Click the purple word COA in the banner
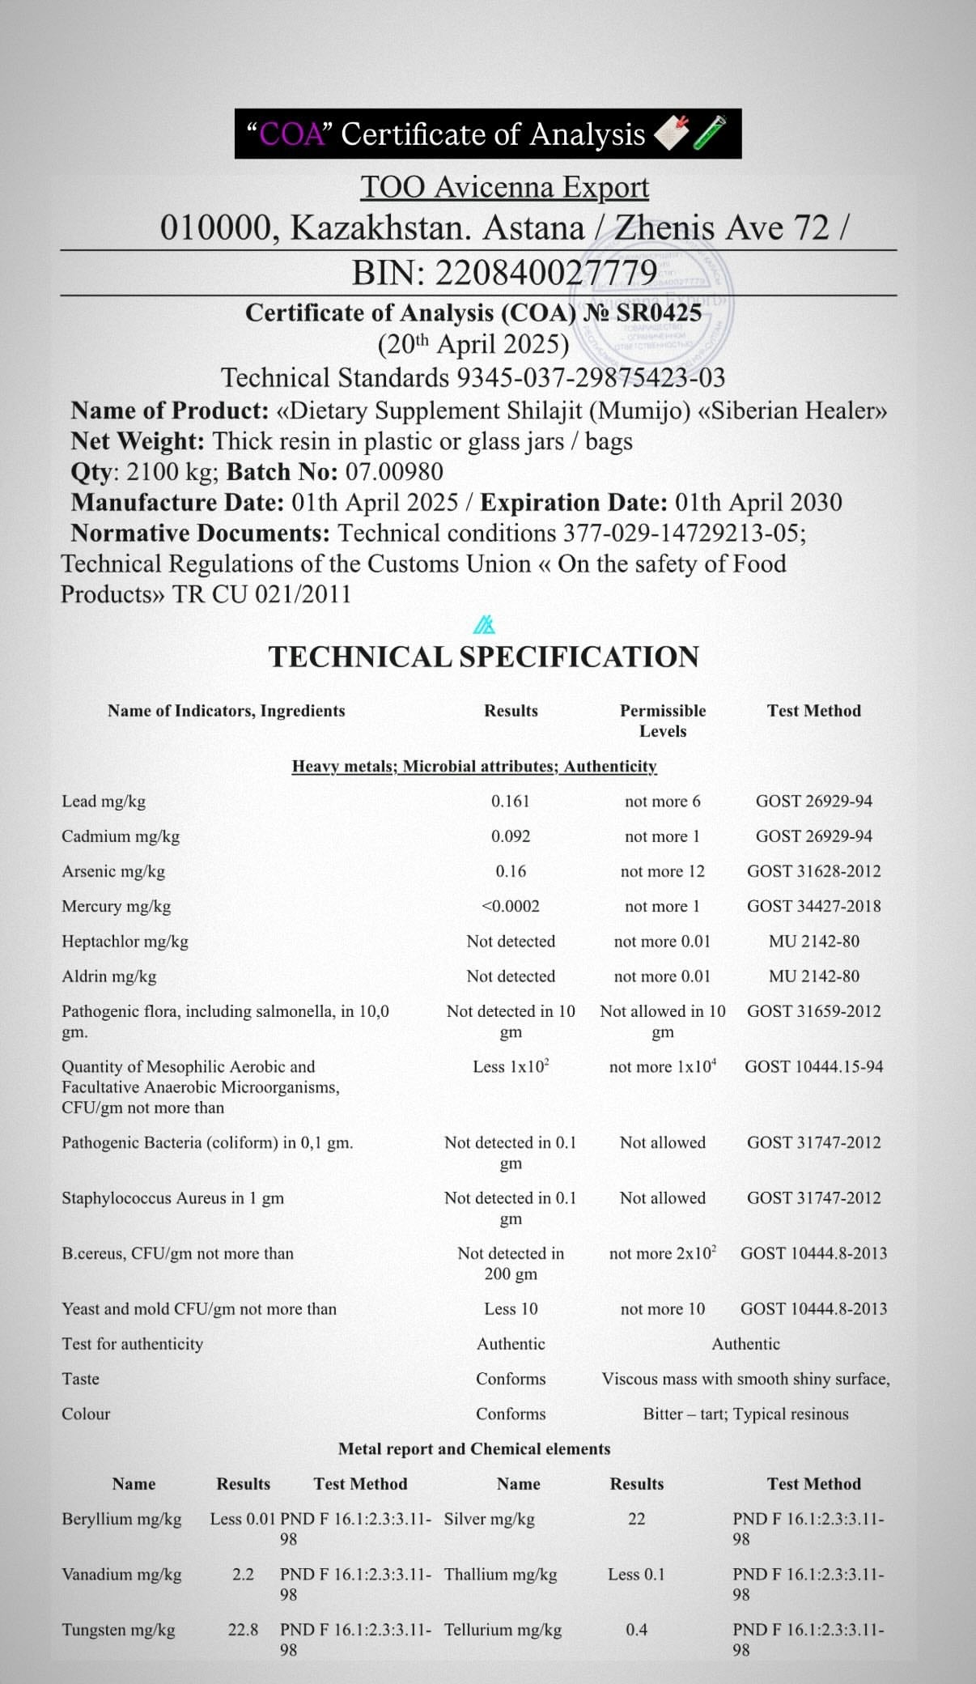pyautogui.click(x=291, y=134)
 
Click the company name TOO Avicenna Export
pyautogui.click(x=504, y=187)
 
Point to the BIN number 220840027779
pyautogui.click(x=546, y=274)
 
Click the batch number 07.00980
pyautogui.click(x=394, y=471)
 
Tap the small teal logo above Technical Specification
pyautogui.click(x=484, y=625)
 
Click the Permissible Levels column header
pyautogui.click(x=662, y=720)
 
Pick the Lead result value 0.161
pyautogui.click(x=511, y=801)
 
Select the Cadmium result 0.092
pyautogui.click(x=511, y=836)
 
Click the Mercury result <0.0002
pyautogui.click(x=511, y=906)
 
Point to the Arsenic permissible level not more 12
pyautogui.click(x=662, y=871)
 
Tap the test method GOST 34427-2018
pyautogui.click(x=813, y=906)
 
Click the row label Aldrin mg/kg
pyautogui.click(x=109, y=976)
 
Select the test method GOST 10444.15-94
pyautogui.click(x=813, y=1066)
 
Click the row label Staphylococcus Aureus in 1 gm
pyautogui.click(x=172, y=1197)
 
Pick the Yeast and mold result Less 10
pyautogui.click(x=511, y=1308)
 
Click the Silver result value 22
pyautogui.click(x=637, y=1518)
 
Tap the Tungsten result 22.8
pyautogui.click(x=243, y=1629)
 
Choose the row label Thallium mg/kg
pyautogui.click(x=500, y=1574)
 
